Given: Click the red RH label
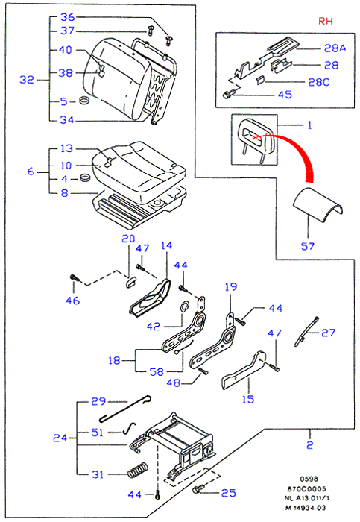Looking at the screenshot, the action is tap(326, 21).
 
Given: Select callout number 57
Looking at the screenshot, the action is tap(307, 246).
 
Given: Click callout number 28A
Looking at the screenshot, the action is tap(335, 48).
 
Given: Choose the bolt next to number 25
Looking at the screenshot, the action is tap(197, 489).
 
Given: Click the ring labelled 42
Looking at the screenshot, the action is tap(184, 306).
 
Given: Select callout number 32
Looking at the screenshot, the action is tap(27, 80).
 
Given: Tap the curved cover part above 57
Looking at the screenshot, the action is tap(318, 204).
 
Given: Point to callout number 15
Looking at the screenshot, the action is tap(248, 399).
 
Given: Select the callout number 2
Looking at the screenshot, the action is tap(309, 444).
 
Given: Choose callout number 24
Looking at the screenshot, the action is tap(60, 438).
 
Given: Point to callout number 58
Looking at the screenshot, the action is tap(157, 371).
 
